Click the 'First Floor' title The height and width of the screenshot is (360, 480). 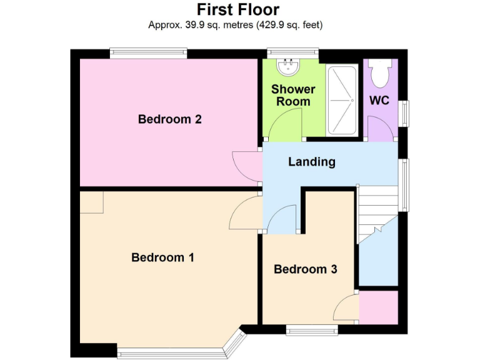(238, 9)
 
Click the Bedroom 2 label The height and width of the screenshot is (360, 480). (169, 119)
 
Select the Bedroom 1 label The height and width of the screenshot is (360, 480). (163, 257)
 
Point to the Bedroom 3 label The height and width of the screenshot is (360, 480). (306, 269)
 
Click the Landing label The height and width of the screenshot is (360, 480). (311, 162)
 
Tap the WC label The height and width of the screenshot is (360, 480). (379, 101)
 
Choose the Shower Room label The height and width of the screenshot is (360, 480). (292, 95)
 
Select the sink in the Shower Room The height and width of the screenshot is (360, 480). (289, 66)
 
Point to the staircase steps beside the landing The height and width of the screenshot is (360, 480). (377, 209)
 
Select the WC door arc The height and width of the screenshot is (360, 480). (379, 129)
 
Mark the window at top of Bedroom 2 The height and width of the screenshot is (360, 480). (148, 54)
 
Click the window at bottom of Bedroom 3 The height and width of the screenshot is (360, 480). (311, 329)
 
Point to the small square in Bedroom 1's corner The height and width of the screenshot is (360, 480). (92, 202)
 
